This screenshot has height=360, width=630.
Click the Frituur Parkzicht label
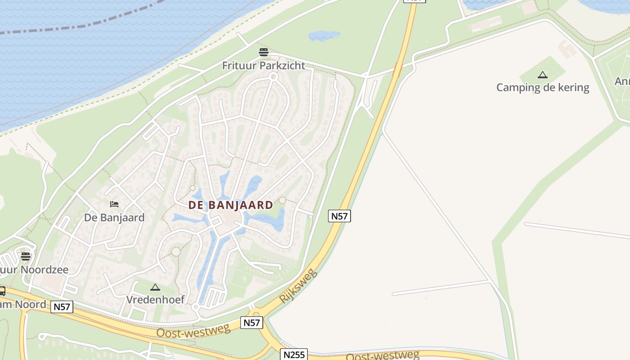pyautogui.click(x=263, y=66)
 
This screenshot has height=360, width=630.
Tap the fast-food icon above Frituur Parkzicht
pyautogui.click(x=264, y=52)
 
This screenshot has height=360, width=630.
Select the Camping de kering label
pyautogui.click(x=542, y=87)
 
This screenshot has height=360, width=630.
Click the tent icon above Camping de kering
pyautogui.click(x=543, y=75)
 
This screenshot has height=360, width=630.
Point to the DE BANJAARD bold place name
pyautogui.click(x=230, y=205)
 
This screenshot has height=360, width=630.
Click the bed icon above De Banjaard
pyautogui.click(x=114, y=204)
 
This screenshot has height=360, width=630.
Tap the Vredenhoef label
pyautogui.click(x=155, y=299)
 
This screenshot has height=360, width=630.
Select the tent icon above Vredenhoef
pyautogui.click(x=155, y=287)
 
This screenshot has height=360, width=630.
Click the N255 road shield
pyautogui.click(x=294, y=355)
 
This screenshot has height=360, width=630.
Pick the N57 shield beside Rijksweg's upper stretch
pyautogui.click(x=339, y=216)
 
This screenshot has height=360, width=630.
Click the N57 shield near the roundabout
pyautogui.click(x=252, y=323)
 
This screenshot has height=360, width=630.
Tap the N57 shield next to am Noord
pyautogui.click(x=62, y=307)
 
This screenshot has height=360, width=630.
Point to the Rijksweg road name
pyautogui.click(x=298, y=286)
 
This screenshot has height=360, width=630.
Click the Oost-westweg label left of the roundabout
pyautogui.click(x=193, y=331)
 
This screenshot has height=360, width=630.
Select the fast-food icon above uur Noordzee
pyautogui.click(x=26, y=256)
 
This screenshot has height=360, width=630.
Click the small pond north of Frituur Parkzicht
pyautogui.click(x=324, y=36)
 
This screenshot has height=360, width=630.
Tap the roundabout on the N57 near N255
pyautogui.click(x=256, y=315)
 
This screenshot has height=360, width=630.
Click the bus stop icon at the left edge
pyautogui.click(x=2, y=291)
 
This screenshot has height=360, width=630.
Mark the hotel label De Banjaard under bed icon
pyautogui.click(x=114, y=218)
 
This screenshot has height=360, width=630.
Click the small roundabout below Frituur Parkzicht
pyautogui.click(x=273, y=76)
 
